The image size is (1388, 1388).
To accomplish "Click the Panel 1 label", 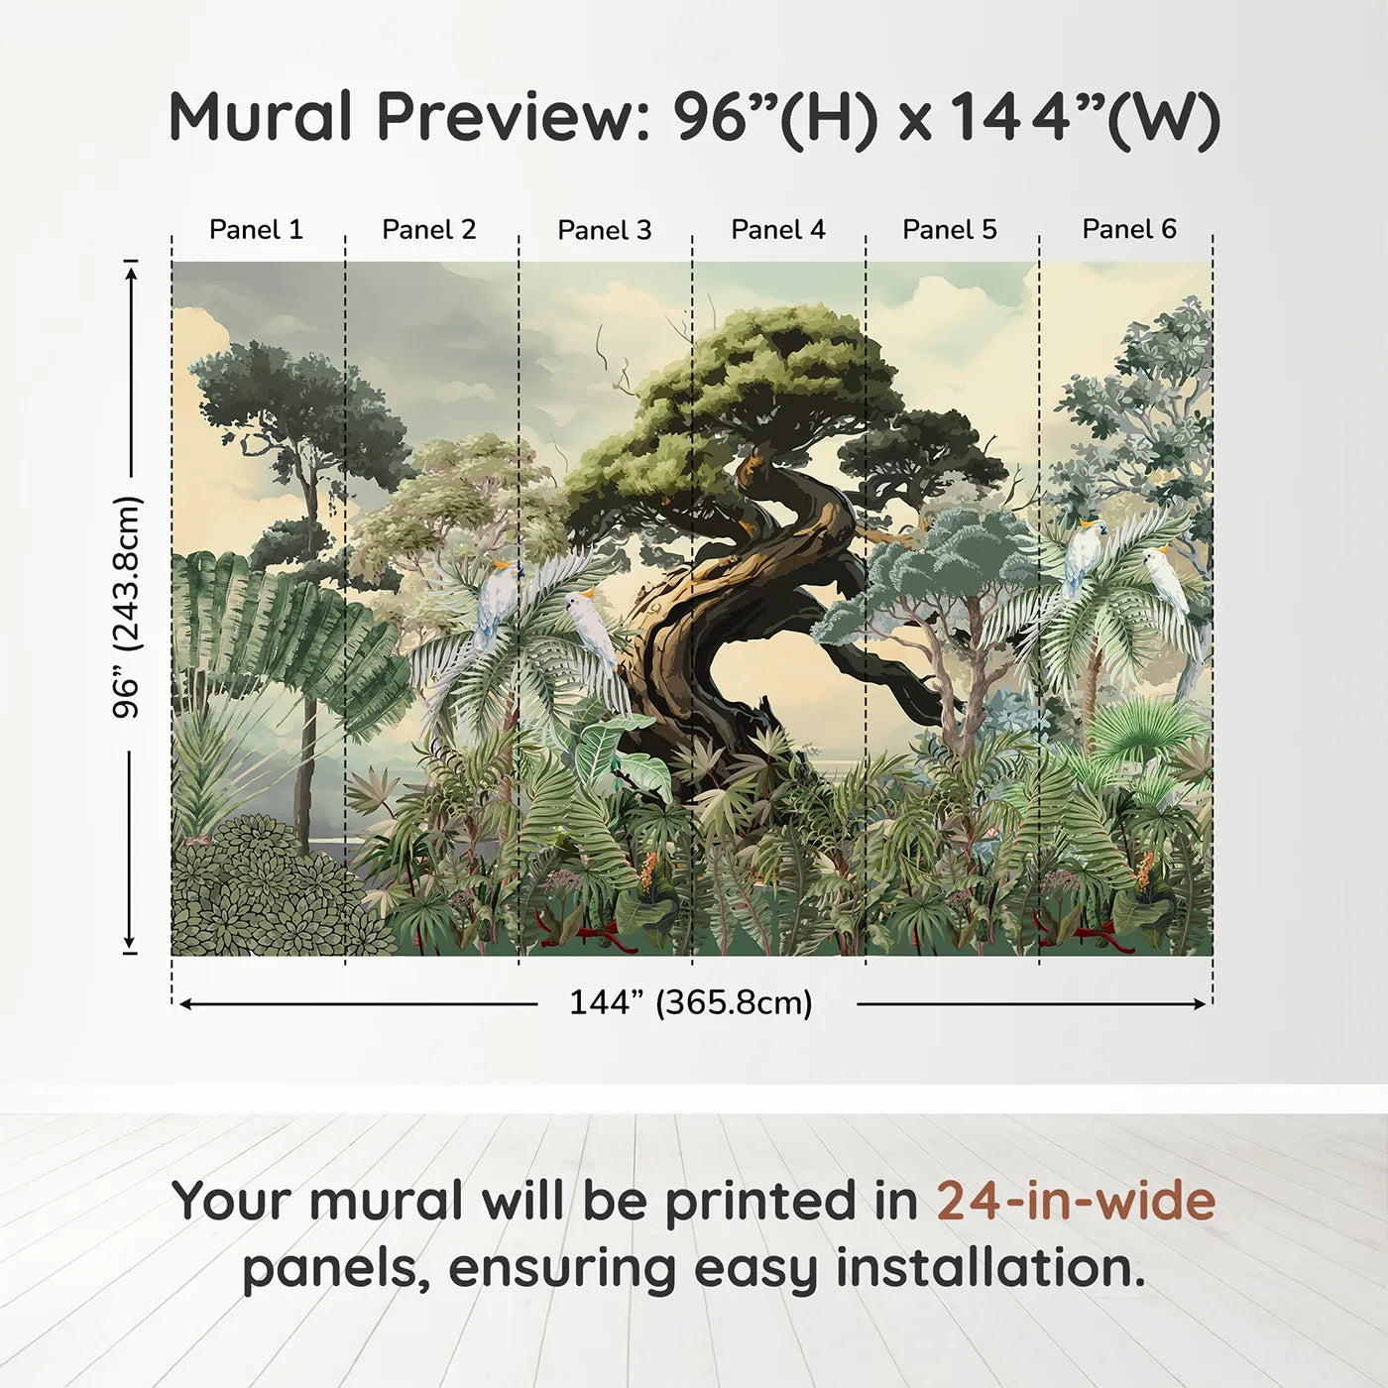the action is (256, 230).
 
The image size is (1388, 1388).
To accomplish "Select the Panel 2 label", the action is (428, 230).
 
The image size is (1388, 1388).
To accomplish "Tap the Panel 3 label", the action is (605, 230).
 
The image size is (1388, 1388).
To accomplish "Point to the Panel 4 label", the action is (778, 230).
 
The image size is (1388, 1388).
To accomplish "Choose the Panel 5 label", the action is (950, 230).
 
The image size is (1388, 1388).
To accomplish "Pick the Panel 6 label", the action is (1128, 229).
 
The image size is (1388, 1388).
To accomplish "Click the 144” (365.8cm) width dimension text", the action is (691, 1002).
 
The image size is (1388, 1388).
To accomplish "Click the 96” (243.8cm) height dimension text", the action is (128, 607).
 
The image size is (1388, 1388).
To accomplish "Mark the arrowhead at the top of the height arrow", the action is (130, 273).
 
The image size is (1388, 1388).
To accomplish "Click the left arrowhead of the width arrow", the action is (184, 1003).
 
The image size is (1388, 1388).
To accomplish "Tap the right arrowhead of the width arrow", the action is (1200, 1003).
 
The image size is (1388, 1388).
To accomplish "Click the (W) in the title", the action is (1164, 121).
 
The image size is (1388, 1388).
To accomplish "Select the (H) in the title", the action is (831, 121).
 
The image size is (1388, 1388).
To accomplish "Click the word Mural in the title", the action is (260, 116).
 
